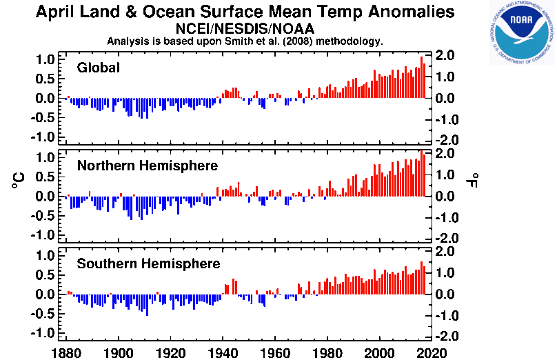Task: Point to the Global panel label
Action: [99, 68]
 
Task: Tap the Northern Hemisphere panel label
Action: [148, 166]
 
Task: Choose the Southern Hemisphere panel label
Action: [149, 263]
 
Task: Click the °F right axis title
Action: [476, 180]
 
